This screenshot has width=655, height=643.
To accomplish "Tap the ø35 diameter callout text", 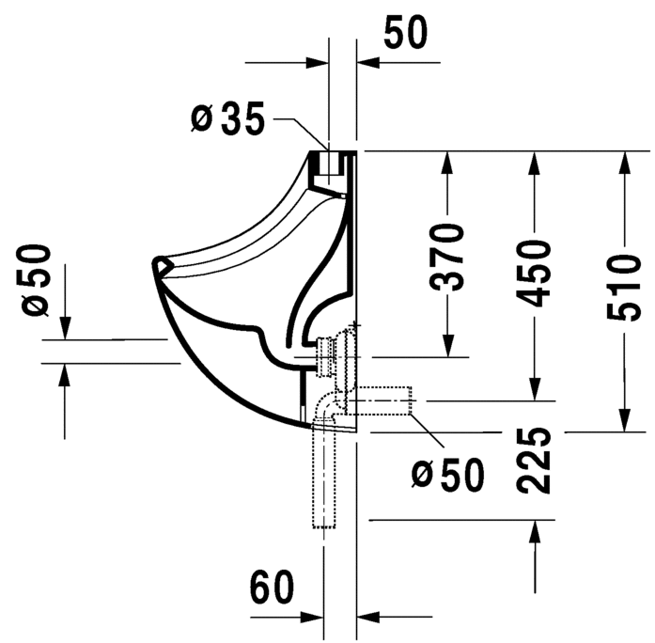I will point(227,118).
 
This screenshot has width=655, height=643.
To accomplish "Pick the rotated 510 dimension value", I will point(621,286).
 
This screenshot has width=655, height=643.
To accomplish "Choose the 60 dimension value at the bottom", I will point(273,589).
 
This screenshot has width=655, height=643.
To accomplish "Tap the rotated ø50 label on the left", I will point(35,279).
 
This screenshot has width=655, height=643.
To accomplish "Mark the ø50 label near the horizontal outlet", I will point(449,475).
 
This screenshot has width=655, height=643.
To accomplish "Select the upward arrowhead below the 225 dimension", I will point(535,533).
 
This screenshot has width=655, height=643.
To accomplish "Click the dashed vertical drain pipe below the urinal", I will point(323,479).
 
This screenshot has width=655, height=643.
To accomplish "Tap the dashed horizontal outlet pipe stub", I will point(385,402).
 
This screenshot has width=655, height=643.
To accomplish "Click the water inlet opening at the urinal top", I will point(328,165).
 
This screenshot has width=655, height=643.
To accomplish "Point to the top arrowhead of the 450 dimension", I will point(534,163).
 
